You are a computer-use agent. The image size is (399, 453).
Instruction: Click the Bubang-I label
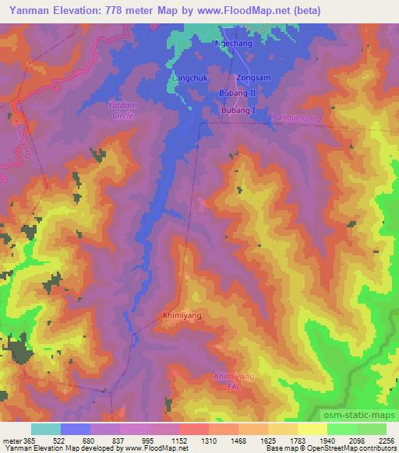[238, 111]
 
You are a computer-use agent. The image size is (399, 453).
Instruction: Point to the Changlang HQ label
[295, 118]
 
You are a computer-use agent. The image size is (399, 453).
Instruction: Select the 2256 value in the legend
[386, 441]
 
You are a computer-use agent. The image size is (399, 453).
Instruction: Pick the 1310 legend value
[209, 441]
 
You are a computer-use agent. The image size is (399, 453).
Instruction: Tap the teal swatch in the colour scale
[45, 429]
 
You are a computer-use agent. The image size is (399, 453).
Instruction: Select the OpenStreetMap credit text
[369, 448]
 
